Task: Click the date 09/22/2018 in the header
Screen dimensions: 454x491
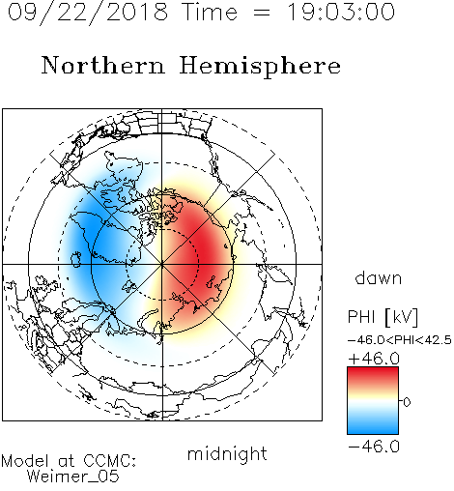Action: [88, 13]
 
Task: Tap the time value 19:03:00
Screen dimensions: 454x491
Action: [341, 12]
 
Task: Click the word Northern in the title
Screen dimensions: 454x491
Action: [103, 65]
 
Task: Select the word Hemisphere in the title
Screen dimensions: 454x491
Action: [260, 66]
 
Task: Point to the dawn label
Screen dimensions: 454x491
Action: [379, 278]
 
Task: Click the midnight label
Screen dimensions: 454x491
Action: [227, 454]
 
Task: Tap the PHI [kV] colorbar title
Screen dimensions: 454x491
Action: [383, 317]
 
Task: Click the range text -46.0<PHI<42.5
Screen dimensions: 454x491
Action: [400, 340]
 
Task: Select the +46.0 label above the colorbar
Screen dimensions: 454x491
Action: [374, 359]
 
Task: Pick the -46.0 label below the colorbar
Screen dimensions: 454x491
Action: [374, 447]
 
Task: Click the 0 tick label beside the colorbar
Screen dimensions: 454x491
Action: [407, 402]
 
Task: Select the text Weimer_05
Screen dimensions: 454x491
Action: [73, 477]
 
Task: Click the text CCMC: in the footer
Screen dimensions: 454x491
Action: [110, 460]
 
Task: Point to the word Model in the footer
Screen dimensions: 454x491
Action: [25, 461]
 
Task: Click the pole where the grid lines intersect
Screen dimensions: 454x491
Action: [162, 264]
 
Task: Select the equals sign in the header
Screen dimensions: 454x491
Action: [262, 13]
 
